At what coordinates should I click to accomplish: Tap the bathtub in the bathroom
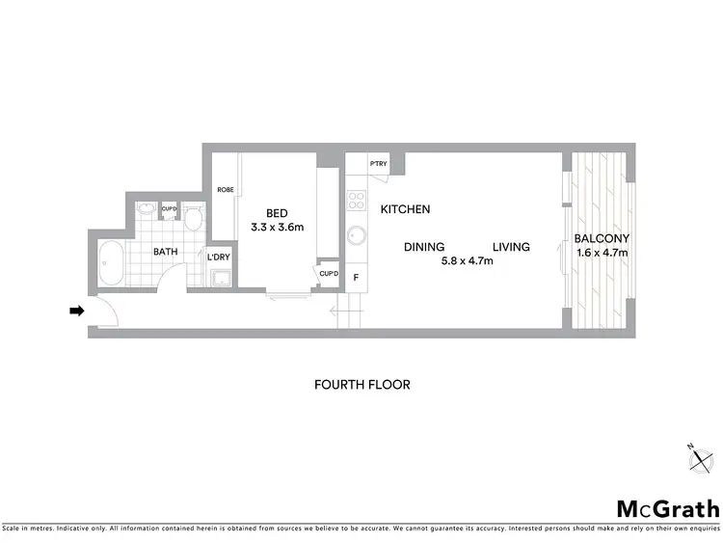point(111,261)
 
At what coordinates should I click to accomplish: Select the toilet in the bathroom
point(193,221)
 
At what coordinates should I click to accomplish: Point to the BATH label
point(167,253)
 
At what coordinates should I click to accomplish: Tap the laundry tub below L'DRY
point(220,280)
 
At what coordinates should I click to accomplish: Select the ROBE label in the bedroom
point(225,190)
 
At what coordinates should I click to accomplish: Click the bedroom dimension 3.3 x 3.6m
point(277,229)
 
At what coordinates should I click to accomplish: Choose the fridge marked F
point(356,279)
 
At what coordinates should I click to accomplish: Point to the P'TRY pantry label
point(378,163)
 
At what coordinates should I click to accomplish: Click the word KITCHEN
point(405,209)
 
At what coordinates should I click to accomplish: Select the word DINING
point(423,247)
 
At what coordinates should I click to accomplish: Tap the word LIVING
point(511,247)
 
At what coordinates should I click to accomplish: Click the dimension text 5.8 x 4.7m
point(466,261)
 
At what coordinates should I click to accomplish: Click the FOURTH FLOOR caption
point(362,385)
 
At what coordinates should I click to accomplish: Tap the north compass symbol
point(698,458)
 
